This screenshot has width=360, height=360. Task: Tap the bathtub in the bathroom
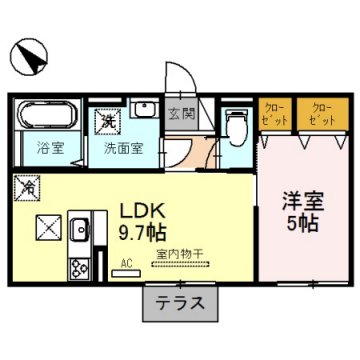(46, 116)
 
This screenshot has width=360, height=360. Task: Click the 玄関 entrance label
(181, 113)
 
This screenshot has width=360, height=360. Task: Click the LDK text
(143, 212)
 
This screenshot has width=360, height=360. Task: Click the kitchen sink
(79, 233)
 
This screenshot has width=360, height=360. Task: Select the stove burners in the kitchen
(78, 266)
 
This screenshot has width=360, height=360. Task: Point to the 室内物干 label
(179, 255)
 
